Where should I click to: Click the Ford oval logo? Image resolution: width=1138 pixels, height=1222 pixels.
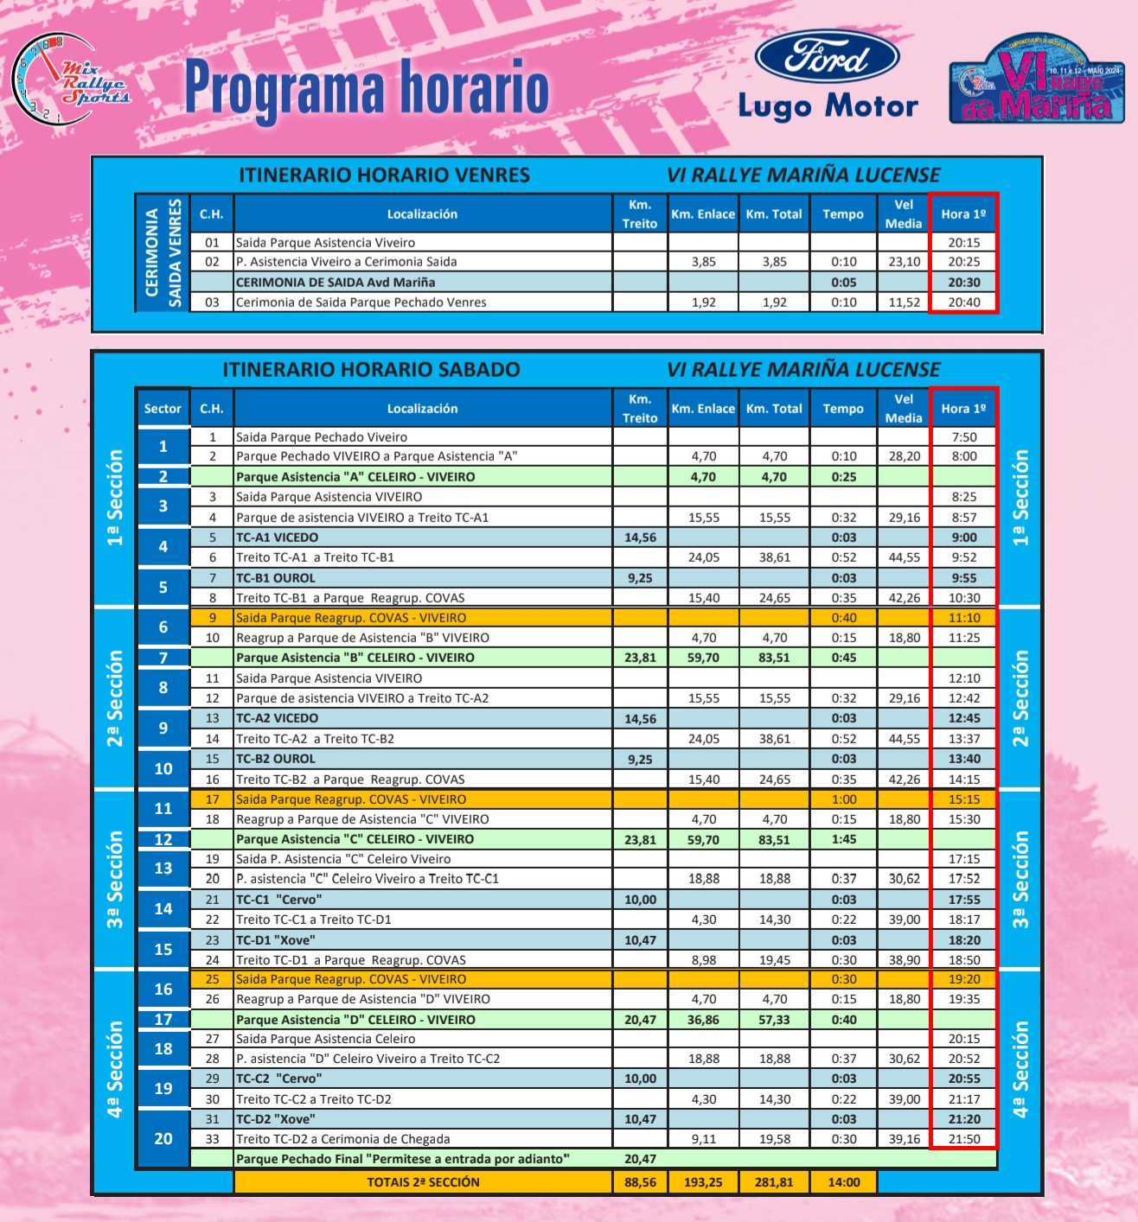(x=828, y=58)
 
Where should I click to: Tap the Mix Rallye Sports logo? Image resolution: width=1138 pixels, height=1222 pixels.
(x=71, y=80)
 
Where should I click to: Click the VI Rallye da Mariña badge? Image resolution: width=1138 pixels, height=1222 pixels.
(x=1036, y=80)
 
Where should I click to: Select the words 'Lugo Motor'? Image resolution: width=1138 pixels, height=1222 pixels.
(x=828, y=106)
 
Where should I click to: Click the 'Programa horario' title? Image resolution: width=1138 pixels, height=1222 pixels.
(x=367, y=88)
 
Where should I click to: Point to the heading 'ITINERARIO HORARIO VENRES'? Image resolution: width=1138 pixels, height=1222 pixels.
(x=384, y=175)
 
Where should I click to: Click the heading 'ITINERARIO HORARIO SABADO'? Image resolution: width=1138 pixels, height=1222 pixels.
(x=371, y=370)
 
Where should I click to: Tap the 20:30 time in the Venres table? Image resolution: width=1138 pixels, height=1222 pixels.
(x=963, y=283)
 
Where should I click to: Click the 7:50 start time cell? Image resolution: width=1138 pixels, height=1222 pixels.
(x=963, y=437)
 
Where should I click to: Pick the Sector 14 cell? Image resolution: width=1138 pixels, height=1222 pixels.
(x=163, y=909)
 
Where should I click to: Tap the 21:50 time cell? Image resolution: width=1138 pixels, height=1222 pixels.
(x=963, y=1139)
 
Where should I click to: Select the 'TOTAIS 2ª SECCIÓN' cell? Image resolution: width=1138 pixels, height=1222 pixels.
(x=423, y=1182)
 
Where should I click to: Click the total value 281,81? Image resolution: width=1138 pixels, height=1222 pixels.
(x=774, y=1182)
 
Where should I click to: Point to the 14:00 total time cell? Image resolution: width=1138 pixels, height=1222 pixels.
(x=844, y=1182)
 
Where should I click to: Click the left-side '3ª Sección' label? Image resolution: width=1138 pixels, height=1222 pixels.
(x=114, y=879)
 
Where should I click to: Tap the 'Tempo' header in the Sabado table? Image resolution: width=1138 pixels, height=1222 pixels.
(x=843, y=409)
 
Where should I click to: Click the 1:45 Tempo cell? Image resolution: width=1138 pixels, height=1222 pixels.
(x=844, y=839)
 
